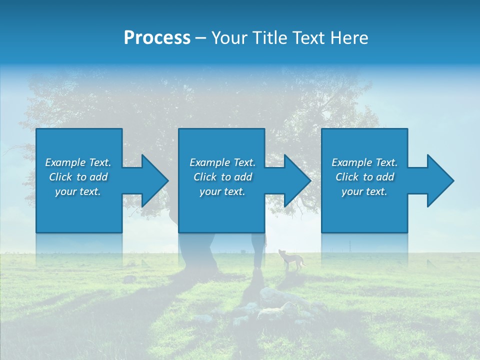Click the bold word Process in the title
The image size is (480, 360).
[157, 38]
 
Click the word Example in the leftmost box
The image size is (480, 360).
[65, 162]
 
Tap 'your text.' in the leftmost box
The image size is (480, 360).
[78, 191]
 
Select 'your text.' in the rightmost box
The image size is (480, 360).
[364, 191]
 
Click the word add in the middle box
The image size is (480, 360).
[243, 177]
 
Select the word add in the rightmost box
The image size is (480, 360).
[385, 177]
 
